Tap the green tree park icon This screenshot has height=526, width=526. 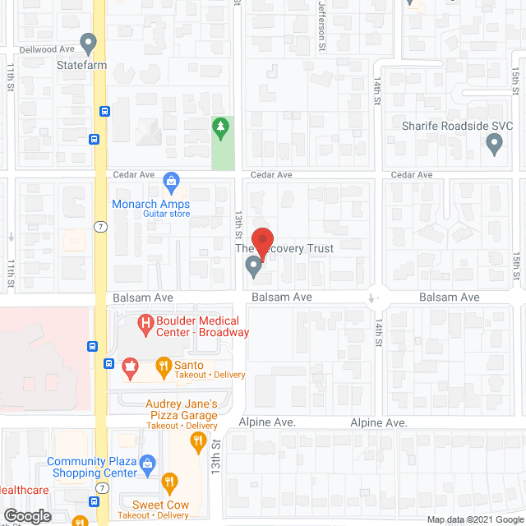pos(219,128)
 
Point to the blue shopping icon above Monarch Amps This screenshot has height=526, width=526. pos(171,180)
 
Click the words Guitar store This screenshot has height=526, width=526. pos(167,214)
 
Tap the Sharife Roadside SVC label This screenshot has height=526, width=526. pos(457,126)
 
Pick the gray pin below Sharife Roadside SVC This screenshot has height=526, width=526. pos(494,145)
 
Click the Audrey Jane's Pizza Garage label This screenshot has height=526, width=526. pos(182,409)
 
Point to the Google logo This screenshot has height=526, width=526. pos(26,515)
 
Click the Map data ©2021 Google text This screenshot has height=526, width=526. pos(473,519)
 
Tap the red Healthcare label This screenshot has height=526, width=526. pos(25,491)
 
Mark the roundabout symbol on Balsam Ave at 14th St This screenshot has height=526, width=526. pos(374,297)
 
